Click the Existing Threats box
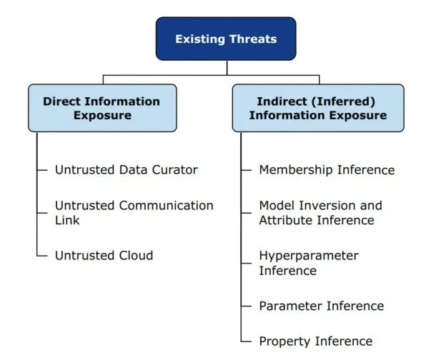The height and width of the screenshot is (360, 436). pos(226,39)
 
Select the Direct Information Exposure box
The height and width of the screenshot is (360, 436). pos(102,108)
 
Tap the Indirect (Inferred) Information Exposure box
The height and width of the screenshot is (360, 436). pos(318,108)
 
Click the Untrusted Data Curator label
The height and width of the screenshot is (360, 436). pos(127,170)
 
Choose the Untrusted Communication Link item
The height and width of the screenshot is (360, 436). pos(134,213)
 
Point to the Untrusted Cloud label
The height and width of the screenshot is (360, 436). pos(104,256)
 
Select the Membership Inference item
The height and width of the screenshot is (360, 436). pos(327,170)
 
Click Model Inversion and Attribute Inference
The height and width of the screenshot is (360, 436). pos(320,213)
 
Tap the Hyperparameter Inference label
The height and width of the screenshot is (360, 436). pos(309,263)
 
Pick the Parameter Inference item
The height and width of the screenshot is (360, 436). pos(322,306)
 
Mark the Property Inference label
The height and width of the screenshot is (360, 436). pos(316,341)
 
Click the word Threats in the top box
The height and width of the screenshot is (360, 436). pos(252,39)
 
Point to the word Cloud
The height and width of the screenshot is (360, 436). pos(135,256)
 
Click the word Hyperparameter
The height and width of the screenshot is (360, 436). pos(309,256)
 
